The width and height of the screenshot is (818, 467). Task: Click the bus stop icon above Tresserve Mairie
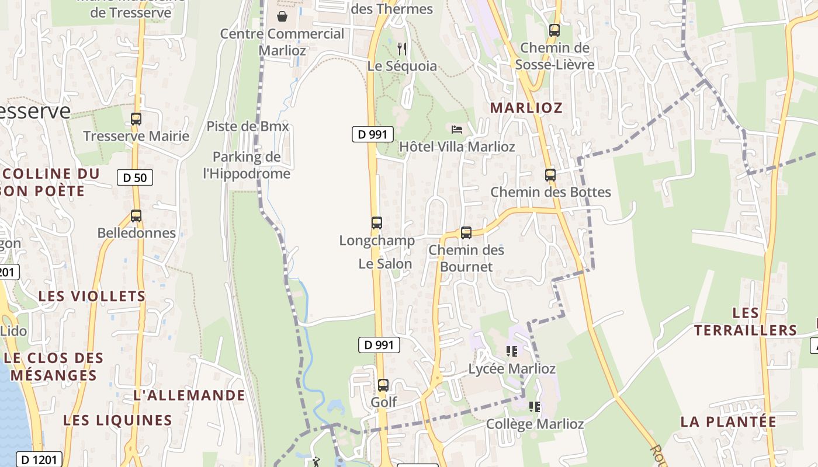pyautogui.click(x=136, y=119)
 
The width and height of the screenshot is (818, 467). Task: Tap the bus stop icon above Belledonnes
pyautogui.click(x=136, y=216)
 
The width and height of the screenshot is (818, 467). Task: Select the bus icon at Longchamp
pyautogui.click(x=377, y=223)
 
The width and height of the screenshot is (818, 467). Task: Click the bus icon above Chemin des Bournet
pyautogui.click(x=466, y=233)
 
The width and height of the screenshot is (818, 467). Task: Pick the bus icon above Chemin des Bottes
pyautogui.click(x=550, y=175)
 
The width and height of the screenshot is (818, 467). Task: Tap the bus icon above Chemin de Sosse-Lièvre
pyautogui.click(x=554, y=30)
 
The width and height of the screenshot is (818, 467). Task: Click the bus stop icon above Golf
pyautogui.click(x=383, y=385)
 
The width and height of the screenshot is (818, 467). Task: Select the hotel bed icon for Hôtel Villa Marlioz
pyautogui.click(x=457, y=129)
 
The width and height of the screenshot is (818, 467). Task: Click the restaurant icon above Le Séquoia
pyautogui.click(x=401, y=48)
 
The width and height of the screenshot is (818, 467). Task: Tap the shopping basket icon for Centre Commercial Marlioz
pyautogui.click(x=282, y=16)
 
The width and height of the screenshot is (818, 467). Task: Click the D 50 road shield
pyautogui.click(x=135, y=177)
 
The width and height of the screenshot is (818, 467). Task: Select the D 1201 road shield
pyautogui.click(x=39, y=459)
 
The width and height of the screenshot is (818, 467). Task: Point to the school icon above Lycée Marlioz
pyautogui.click(x=512, y=351)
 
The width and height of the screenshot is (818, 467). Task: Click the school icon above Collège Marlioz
pyautogui.click(x=535, y=406)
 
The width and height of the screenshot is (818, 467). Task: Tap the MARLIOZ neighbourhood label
pyautogui.click(x=526, y=108)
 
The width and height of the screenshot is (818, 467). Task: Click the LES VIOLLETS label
pyautogui.click(x=92, y=296)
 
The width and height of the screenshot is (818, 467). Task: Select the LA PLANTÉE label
pyautogui.click(x=728, y=421)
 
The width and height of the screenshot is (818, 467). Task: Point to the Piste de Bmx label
pyautogui.click(x=248, y=126)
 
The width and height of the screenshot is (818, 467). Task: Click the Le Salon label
pyautogui.click(x=385, y=264)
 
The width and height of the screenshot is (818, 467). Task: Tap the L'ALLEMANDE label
pyautogui.click(x=189, y=395)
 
